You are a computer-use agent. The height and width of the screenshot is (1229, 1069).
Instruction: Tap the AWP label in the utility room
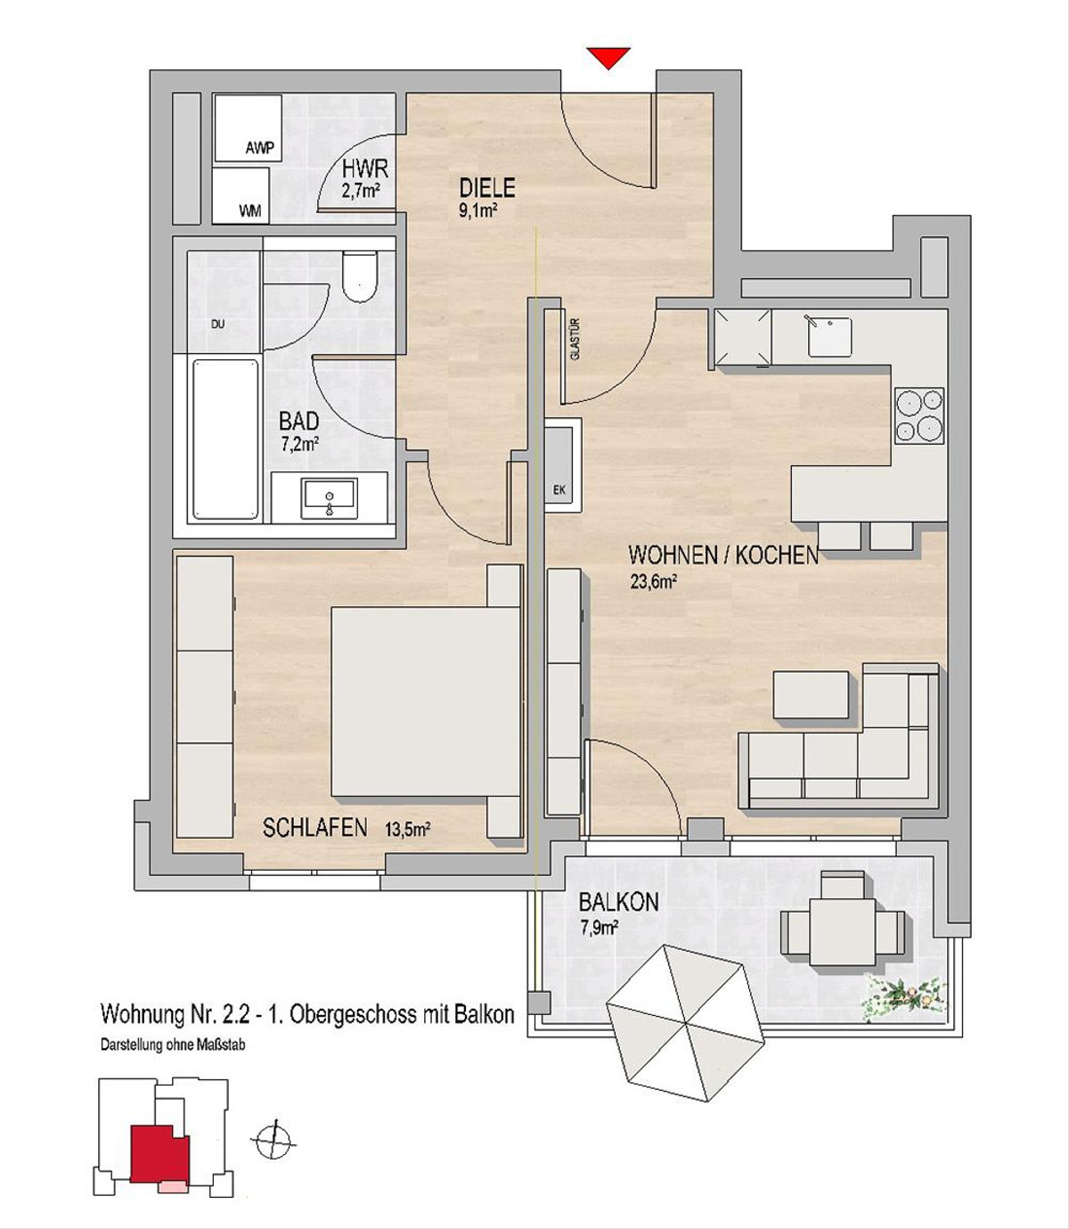pyautogui.click(x=259, y=148)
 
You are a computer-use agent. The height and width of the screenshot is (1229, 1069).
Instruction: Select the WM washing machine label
pyautogui.click(x=249, y=211)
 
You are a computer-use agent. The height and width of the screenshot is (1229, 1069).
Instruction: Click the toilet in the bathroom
pyautogui.click(x=360, y=275)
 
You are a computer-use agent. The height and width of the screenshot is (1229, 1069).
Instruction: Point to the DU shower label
pyautogui.click(x=218, y=324)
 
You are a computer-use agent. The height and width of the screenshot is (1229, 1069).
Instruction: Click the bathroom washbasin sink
pyautogui.click(x=330, y=498)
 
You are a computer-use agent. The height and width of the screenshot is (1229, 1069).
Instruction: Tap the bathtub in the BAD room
pyautogui.click(x=225, y=439)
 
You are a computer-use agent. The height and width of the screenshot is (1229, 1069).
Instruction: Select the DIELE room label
pyautogui.click(x=486, y=189)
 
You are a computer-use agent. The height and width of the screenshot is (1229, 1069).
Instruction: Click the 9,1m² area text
pyautogui.click(x=477, y=211)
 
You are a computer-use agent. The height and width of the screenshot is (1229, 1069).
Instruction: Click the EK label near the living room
pyautogui.click(x=559, y=490)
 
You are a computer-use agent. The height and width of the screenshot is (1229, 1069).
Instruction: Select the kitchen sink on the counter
pyautogui.click(x=829, y=337)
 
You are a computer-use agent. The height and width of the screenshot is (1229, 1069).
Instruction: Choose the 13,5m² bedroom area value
pyautogui.click(x=407, y=830)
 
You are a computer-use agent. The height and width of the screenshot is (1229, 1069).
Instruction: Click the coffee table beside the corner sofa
pyautogui.click(x=811, y=695)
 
